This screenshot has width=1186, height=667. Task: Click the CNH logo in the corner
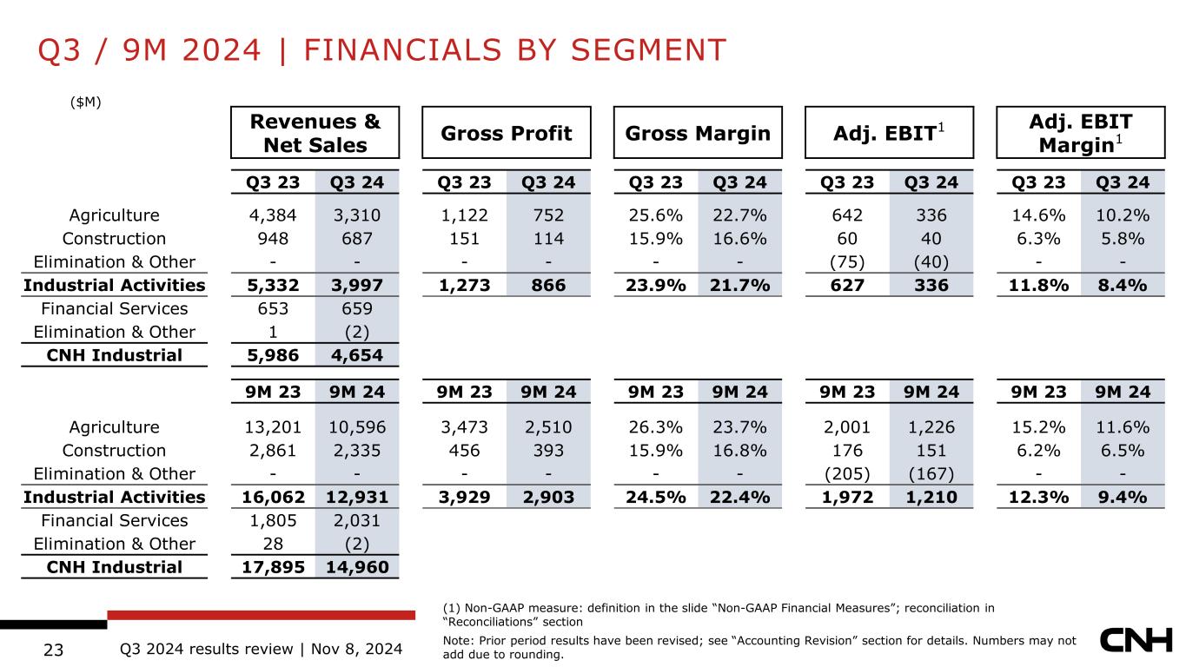click(x=1136, y=641)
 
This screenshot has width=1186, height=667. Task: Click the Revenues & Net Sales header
click(x=315, y=132)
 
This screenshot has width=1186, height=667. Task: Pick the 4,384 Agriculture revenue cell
click(x=273, y=215)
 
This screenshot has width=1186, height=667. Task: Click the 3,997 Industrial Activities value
click(x=357, y=286)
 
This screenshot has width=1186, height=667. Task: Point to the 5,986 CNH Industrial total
click(x=273, y=355)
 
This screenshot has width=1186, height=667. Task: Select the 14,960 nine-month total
click(x=357, y=567)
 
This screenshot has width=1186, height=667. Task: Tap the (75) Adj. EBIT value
click(x=847, y=262)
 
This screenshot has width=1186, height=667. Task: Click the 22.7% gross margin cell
click(x=739, y=215)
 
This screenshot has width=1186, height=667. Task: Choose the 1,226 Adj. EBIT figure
click(x=931, y=426)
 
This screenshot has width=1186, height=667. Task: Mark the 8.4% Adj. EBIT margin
click(x=1123, y=286)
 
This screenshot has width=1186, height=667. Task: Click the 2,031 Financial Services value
click(x=357, y=520)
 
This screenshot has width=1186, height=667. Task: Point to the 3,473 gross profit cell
click(x=464, y=426)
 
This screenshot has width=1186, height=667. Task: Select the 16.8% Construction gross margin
click(x=739, y=451)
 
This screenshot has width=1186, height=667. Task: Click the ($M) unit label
click(x=85, y=102)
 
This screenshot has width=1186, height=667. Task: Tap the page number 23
click(x=54, y=650)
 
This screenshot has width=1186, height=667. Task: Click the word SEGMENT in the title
click(x=648, y=50)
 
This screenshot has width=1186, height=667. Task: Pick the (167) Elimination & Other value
click(x=931, y=474)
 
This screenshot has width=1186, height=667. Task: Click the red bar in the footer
click(x=261, y=615)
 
